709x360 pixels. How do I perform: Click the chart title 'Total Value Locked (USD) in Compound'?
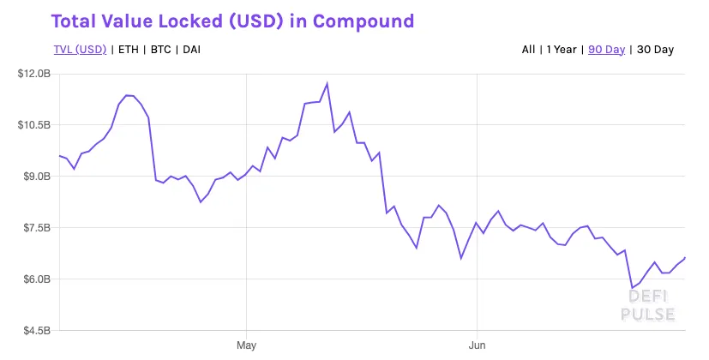[232, 21]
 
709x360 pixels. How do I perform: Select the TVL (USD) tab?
[79, 50]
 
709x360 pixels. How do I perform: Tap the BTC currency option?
[160, 50]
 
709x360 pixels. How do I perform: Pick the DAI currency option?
[192, 50]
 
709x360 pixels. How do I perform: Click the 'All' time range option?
[528, 50]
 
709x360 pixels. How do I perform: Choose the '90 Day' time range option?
[606, 50]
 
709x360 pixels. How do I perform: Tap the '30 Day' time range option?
[654, 50]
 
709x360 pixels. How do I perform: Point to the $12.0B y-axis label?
[34, 75]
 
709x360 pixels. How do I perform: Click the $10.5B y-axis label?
[34, 125]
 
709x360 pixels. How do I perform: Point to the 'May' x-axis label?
[246, 345]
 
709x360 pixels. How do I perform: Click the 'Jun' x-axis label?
[476, 345]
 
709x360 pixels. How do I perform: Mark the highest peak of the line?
[327, 84]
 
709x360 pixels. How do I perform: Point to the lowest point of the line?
[632, 288]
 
